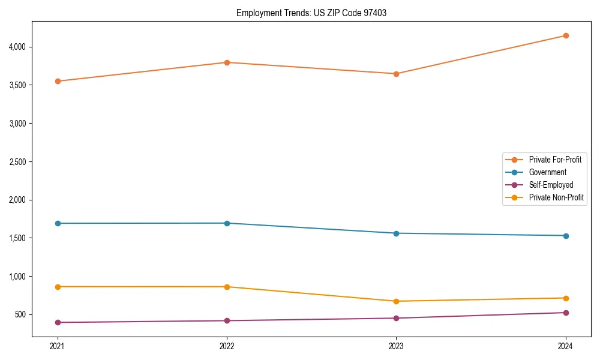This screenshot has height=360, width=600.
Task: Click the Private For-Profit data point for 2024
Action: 566,35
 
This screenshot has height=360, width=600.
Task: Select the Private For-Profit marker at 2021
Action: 58,81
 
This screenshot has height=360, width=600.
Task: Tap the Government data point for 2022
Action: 227,223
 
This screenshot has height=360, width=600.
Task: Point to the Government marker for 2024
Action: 566,236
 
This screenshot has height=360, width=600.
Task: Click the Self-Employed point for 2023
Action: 396,318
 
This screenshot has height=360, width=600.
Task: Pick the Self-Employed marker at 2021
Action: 58,322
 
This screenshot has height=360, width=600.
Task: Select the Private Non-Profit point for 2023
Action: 396,301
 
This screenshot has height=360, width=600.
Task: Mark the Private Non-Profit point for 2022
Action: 227,287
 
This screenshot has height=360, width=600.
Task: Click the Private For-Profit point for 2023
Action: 396,74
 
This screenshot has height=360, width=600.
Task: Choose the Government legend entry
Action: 547,172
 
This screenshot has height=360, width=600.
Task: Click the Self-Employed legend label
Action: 551,185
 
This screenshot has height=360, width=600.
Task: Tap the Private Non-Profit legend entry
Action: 556,197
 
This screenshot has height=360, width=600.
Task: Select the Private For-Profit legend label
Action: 555,160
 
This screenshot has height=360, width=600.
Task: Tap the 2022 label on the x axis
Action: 227,346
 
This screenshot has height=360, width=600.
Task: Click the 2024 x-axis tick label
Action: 566,346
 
